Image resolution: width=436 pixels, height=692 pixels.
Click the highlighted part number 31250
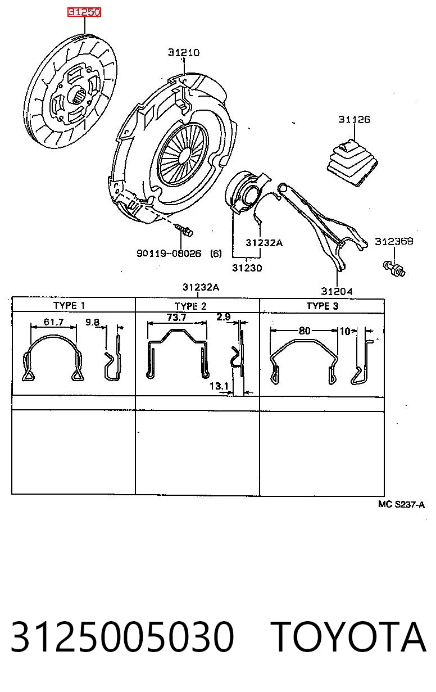click(x=84, y=12)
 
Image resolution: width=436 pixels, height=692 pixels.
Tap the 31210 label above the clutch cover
click(x=184, y=52)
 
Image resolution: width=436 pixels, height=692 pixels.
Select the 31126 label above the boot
click(x=354, y=119)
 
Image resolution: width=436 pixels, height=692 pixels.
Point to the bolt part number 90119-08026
click(x=169, y=254)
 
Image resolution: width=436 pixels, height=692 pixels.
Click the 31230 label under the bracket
click(x=247, y=268)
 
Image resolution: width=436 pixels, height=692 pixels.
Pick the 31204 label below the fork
click(x=337, y=291)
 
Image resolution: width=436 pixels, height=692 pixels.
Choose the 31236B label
click(x=394, y=241)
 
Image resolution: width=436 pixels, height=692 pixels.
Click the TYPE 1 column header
click(x=69, y=306)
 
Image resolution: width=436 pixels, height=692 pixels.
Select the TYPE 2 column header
click(x=190, y=306)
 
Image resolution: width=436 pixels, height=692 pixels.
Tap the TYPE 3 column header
click(x=323, y=306)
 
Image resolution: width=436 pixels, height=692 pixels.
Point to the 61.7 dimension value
click(x=53, y=322)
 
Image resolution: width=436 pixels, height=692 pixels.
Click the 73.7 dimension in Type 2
click(x=176, y=317)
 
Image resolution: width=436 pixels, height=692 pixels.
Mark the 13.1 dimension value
click(x=219, y=386)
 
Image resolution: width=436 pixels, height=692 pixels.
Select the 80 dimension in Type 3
click(x=305, y=331)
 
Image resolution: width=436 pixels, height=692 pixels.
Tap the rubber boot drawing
click(x=352, y=163)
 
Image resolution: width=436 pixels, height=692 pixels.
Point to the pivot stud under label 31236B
click(x=394, y=269)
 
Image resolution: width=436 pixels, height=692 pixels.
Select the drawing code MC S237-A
click(x=401, y=505)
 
